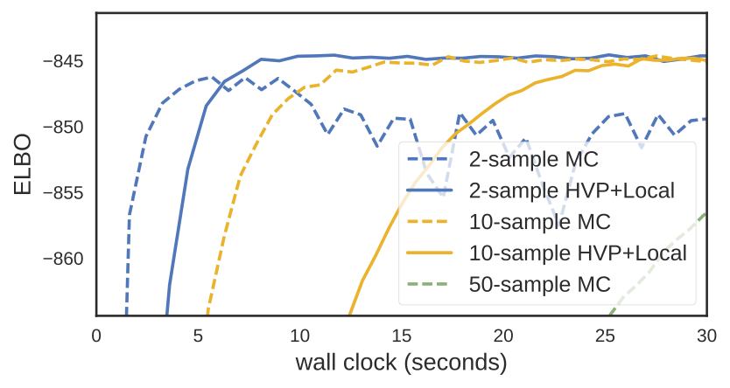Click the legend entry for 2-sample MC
(533, 159)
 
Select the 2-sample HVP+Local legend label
(572, 191)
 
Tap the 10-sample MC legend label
(539, 222)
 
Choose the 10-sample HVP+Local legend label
(578, 253)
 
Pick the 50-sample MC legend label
(539, 284)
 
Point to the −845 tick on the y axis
(63, 61)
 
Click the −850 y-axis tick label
(63, 128)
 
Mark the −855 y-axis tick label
(63, 193)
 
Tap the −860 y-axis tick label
(63, 259)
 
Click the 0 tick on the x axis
(96, 336)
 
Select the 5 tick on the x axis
(199, 336)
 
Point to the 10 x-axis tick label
(300, 336)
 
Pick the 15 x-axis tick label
(402, 336)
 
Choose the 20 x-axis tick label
(503, 336)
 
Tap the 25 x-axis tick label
(605, 336)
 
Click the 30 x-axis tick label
(706, 336)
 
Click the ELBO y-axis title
(23, 164)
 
